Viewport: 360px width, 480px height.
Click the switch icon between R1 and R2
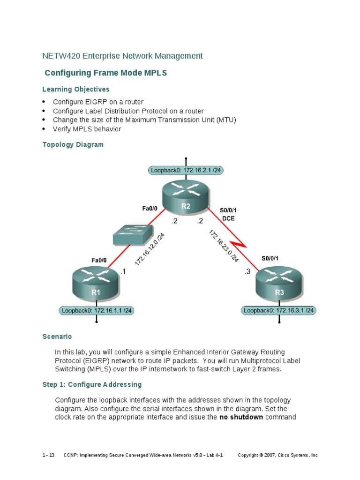coord(133,235)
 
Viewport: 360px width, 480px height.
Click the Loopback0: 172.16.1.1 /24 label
coord(97,310)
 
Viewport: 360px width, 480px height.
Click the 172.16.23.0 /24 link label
coord(224,246)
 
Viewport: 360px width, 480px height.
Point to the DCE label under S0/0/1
coord(229,218)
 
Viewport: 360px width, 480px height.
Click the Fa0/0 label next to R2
coord(150,209)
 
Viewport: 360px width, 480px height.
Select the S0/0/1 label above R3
coord(270,258)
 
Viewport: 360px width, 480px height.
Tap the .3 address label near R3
coord(247,271)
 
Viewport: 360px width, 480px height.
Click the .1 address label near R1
coord(123,271)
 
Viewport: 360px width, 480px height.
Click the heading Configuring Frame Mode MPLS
coord(105,73)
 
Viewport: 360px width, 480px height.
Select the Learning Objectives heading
coord(75,89)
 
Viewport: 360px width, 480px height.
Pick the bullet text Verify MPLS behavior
coord(87,129)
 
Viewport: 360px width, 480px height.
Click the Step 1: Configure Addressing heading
coord(92,384)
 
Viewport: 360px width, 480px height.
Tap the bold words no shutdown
coord(241,417)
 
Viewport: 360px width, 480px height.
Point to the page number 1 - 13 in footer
coord(48,455)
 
